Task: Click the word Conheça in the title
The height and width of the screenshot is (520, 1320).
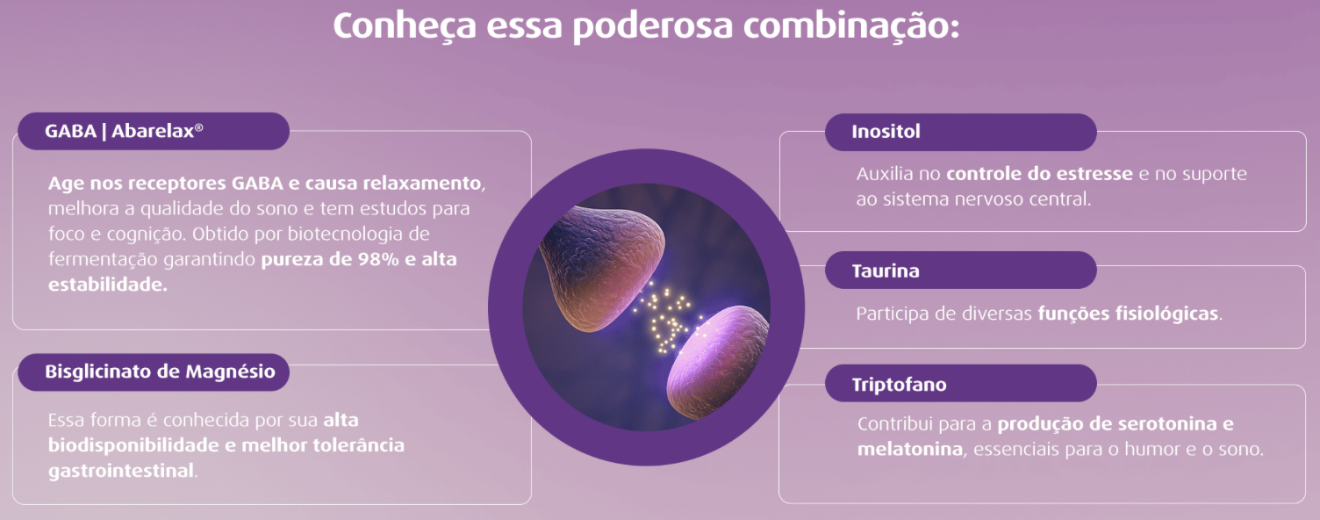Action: pos(405,27)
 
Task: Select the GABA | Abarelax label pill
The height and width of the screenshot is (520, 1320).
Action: pos(154,131)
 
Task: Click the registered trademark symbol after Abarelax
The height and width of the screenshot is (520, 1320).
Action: pos(199,127)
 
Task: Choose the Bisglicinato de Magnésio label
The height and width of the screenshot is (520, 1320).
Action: pos(154,372)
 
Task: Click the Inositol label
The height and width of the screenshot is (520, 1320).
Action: pos(960,132)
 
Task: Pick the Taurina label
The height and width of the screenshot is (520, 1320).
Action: pos(960,270)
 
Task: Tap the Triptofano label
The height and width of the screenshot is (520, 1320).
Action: pos(960,383)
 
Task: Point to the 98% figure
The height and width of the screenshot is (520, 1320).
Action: pos(378,259)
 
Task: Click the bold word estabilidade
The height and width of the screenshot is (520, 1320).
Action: pos(106,285)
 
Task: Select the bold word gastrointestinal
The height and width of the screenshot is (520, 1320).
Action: pos(121,471)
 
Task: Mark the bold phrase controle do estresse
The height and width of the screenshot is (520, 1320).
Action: pos(1039,174)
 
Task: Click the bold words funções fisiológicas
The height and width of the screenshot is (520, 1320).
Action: pos(1128,314)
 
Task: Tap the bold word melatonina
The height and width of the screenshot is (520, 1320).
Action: pos(910,449)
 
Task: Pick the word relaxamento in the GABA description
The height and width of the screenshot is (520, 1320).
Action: pos(421,184)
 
